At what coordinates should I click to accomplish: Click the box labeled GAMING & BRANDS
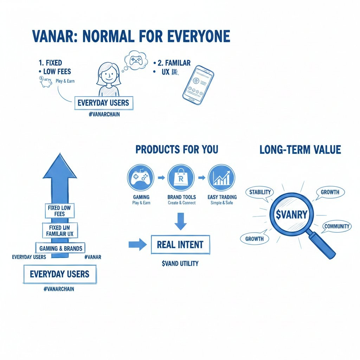tap(60, 248)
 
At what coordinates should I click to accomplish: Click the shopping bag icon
tap(181, 178)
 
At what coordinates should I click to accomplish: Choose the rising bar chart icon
tap(222, 178)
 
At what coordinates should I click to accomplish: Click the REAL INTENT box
tap(180, 245)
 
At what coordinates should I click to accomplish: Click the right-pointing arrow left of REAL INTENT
tap(138, 245)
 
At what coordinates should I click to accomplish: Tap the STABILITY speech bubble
tap(260, 192)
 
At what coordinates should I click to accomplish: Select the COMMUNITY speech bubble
tap(337, 226)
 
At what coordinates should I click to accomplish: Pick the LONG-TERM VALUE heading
tap(300, 150)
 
